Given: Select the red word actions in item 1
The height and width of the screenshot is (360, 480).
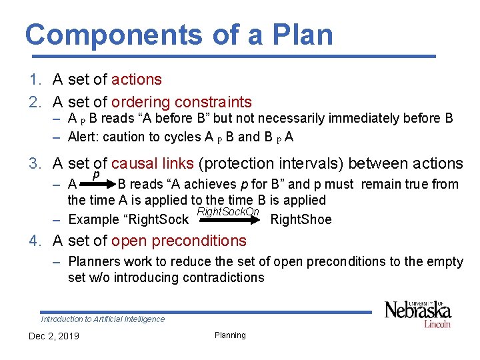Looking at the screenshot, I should pos(137,79).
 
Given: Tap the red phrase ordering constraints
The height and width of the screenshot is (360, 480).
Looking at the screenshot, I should pos(181,102).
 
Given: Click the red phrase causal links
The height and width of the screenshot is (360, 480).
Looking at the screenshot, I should pos(153,163).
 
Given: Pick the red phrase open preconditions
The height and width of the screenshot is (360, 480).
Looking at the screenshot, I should pos(179,241).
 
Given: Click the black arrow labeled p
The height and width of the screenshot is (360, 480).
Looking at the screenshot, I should pos(98,185).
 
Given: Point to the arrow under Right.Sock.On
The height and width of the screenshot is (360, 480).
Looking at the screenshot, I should pos(228,219).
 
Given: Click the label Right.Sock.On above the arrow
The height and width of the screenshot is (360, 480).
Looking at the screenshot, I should pos(228,211).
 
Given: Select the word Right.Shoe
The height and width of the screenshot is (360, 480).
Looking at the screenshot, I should pos(301,220).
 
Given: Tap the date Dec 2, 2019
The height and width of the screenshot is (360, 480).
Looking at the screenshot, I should pos(53,335).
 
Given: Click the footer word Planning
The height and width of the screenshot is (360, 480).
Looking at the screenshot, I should pos(230,335).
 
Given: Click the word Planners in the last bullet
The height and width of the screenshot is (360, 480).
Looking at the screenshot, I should pos(93,262).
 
